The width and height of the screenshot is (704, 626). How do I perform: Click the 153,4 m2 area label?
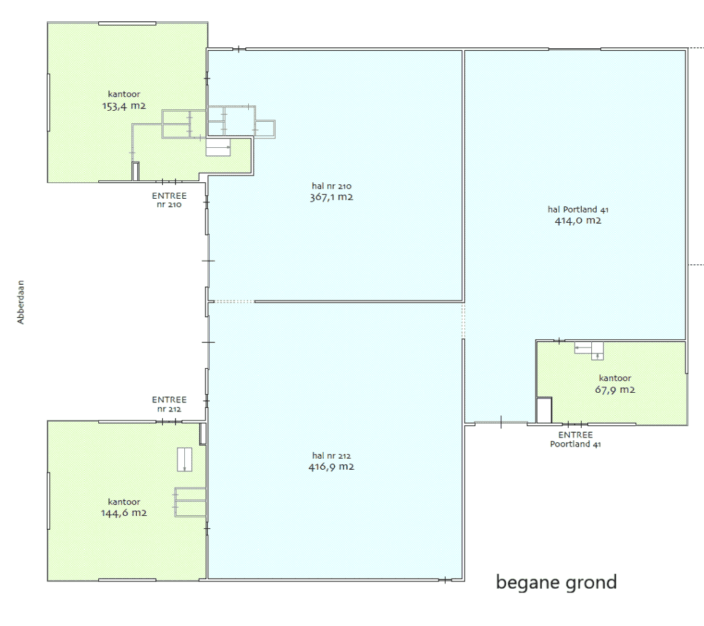click(x=124, y=106)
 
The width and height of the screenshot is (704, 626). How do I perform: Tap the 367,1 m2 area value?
click(x=331, y=197)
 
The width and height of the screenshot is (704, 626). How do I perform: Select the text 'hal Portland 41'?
click(x=577, y=209)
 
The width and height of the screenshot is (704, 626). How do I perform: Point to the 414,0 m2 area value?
click(x=577, y=220)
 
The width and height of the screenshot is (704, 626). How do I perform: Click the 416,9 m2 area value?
click(x=331, y=466)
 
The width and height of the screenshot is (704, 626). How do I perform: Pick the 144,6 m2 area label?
click(x=124, y=512)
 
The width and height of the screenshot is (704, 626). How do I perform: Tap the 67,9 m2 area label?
click(x=615, y=389)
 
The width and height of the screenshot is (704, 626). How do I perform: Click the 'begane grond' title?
click(x=556, y=583)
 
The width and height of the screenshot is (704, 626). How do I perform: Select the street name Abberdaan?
click(x=21, y=302)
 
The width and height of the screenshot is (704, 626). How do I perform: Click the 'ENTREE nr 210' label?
click(x=169, y=200)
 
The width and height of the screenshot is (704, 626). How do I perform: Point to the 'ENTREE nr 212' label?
click(x=169, y=404)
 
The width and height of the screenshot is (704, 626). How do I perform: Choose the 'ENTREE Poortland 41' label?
click(x=575, y=440)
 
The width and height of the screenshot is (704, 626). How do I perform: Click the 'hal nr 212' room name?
click(x=331, y=455)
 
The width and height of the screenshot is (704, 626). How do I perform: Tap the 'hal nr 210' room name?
click(x=331, y=186)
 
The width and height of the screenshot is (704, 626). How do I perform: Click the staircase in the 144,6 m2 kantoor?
click(x=184, y=460)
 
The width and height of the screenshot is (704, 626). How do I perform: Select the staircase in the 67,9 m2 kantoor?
click(x=589, y=351)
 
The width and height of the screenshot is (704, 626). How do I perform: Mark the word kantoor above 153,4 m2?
click(x=124, y=94)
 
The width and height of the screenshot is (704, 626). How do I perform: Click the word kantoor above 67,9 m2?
click(x=615, y=378)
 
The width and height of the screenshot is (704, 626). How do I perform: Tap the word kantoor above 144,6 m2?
click(x=124, y=501)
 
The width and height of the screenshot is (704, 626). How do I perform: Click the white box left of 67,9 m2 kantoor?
click(x=544, y=410)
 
